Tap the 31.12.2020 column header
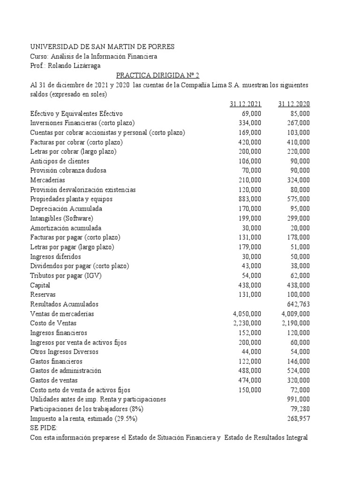tap(294, 104)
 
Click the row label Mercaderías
tap(47, 180)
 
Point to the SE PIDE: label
tap(44, 428)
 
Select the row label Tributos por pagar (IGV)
tap(66, 276)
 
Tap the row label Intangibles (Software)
tap(61, 218)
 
